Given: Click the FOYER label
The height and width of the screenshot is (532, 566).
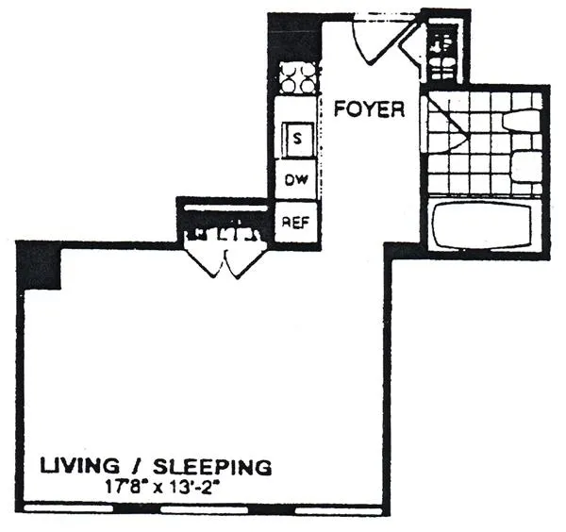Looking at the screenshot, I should pyautogui.click(x=370, y=109).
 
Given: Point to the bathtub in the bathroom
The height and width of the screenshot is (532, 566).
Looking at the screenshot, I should pyautogui.click(x=484, y=224).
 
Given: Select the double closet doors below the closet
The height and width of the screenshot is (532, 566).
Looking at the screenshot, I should pyautogui.click(x=225, y=257).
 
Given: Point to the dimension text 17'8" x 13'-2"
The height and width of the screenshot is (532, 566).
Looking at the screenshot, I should pyautogui.click(x=190, y=488).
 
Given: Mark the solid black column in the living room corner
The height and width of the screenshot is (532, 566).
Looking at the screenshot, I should pyautogui.click(x=40, y=264).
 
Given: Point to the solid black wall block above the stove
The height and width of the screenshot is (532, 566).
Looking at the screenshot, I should pyautogui.click(x=294, y=38).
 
